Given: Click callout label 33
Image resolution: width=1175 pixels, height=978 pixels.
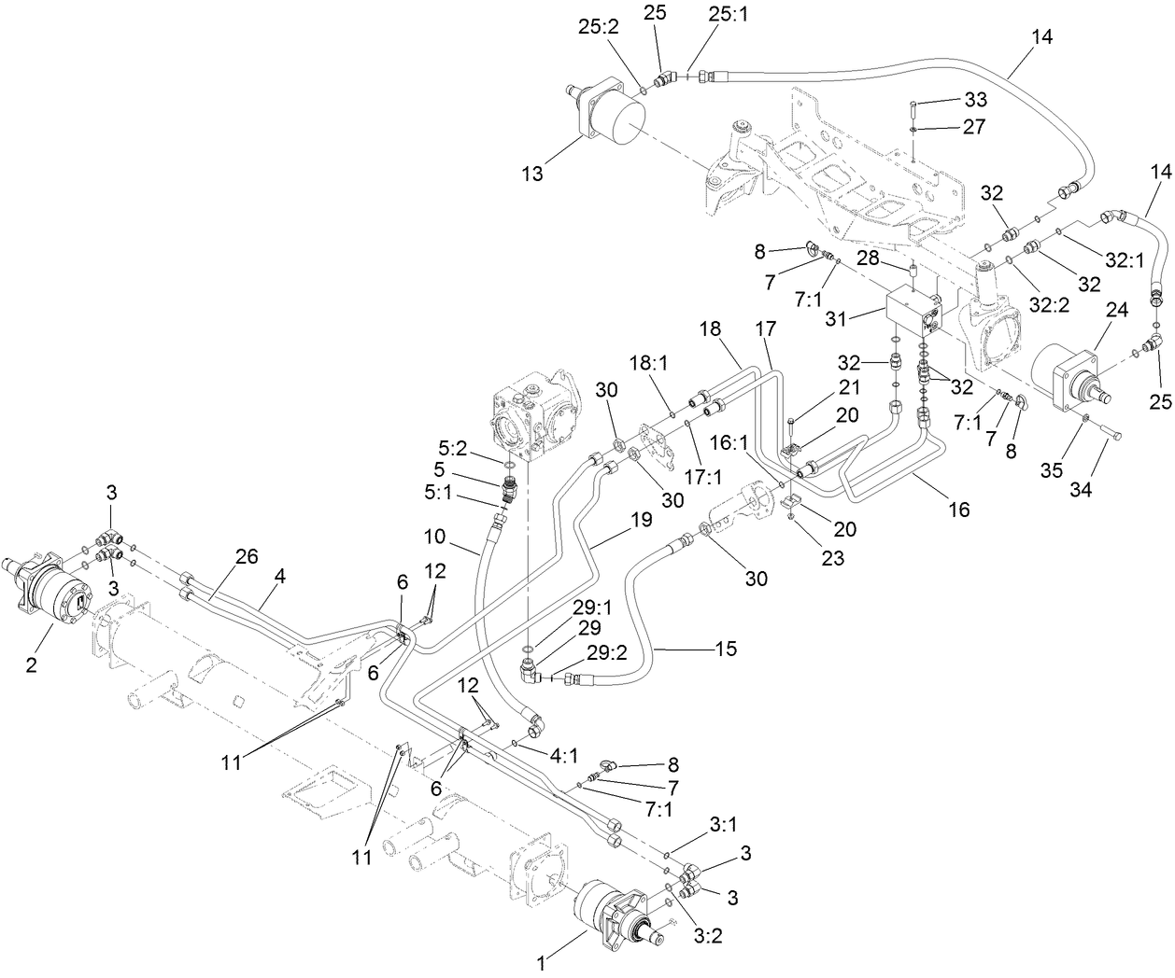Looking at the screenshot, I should point(975,100).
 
